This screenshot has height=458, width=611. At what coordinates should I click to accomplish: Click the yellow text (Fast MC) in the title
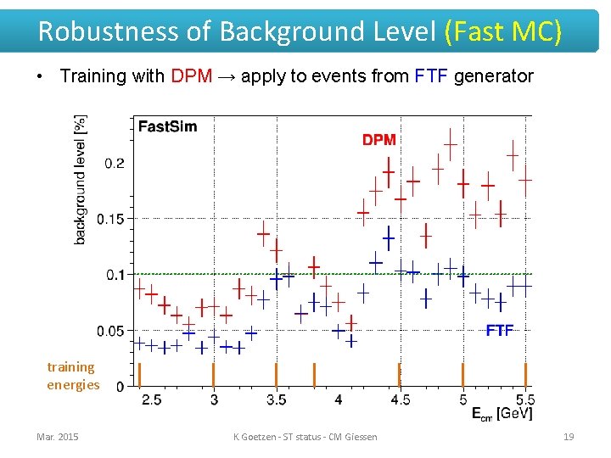click(502, 31)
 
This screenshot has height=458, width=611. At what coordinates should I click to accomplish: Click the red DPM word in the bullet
click(192, 75)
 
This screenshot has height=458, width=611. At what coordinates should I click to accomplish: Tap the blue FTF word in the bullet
click(430, 75)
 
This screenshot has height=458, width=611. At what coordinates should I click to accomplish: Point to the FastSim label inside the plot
click(167, 126)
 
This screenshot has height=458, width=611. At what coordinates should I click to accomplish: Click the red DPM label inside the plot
click(379, 140)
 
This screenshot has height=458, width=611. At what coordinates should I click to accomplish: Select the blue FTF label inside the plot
click(500, 331)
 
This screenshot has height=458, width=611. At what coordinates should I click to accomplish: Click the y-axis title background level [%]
click(81, 180)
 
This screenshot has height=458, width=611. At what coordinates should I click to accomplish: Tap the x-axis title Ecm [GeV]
click(502, 414)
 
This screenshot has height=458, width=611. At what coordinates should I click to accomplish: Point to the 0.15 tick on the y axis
click(110, 219)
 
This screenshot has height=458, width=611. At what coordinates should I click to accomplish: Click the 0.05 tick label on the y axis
click(110, 331)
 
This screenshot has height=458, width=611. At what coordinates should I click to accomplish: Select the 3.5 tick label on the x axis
click(277, 400)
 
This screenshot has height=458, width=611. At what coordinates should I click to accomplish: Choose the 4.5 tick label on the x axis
click(401, 400)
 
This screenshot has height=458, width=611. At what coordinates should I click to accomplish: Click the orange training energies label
click(73, 376)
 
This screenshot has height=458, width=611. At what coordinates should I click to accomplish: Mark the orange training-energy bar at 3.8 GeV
click(315, 375)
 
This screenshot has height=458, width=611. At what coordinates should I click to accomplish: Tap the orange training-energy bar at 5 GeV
click(463, 375)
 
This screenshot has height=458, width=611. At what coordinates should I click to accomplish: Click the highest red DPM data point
click(451, 145)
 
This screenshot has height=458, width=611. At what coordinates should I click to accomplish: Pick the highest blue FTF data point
click(389, 238)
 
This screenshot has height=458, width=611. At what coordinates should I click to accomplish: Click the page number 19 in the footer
click(569, 437)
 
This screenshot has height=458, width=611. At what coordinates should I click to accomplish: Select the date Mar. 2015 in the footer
click(58, 437)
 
